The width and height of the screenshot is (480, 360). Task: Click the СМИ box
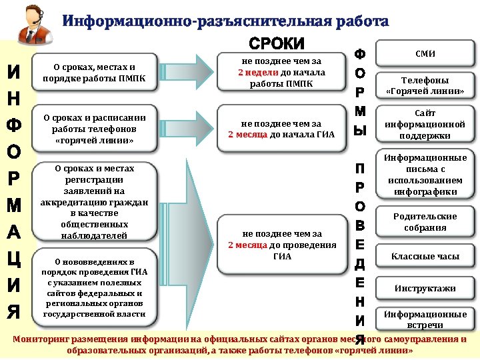(425, 53)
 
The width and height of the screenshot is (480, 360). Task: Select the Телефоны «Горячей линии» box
(425, 85)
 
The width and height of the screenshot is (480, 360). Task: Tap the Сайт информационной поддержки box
(425, 124)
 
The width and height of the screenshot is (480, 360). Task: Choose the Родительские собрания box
(425, 221)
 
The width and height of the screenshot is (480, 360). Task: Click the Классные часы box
(425, 256)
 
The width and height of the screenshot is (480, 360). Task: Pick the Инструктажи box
(425, 289)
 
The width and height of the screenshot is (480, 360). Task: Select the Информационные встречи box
(425, 319)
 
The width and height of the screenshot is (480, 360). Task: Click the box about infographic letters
(425, 175)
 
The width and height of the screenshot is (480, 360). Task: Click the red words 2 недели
(253, 72)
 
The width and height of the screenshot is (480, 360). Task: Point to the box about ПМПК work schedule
(94, 72)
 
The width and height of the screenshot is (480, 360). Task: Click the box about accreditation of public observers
(94, 202)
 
